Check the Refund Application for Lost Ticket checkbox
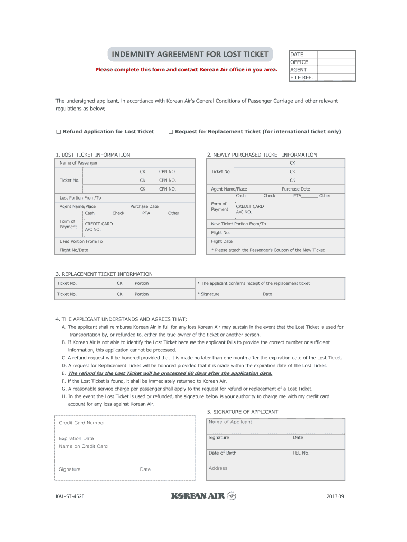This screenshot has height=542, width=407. point(59,132)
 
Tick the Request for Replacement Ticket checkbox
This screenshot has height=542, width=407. point(171,132)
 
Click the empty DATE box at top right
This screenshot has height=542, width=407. point(337,54)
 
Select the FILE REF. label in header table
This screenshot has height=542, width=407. point(301,77)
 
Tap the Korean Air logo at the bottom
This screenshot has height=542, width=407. point(203,496)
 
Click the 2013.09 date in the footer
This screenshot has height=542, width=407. point(335,496)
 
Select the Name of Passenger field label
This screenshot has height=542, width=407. point(78,163)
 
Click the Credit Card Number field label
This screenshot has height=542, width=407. point(81,423)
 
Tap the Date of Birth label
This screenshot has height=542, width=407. point(223,453)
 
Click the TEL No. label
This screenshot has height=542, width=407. point(301,453)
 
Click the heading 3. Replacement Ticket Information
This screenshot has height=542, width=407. point(104,274)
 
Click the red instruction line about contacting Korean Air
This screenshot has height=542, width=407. point(186,69)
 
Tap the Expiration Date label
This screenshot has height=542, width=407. point(76,438)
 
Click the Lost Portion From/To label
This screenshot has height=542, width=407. point(80,198)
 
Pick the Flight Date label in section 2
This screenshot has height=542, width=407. point(221,241)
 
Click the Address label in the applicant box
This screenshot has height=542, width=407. point(218,468)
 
